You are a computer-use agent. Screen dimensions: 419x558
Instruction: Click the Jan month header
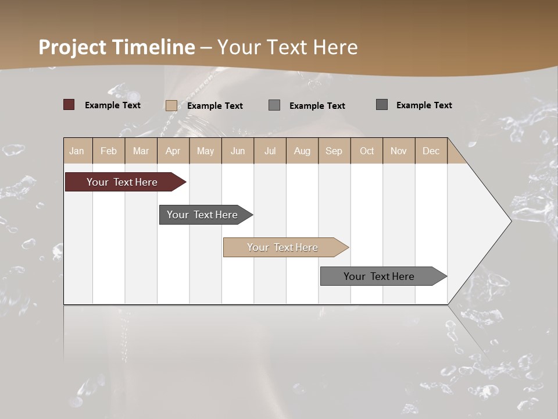[x=77, y=151]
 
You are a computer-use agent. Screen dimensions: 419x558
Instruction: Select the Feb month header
[x=109, y=151]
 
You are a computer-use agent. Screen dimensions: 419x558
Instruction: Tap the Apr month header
[x=173, y=151]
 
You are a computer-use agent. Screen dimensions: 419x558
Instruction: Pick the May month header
[x=205, y=151]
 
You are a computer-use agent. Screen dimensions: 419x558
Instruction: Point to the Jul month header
[x=270, y=151]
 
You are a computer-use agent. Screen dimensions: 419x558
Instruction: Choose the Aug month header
[x=302, y=151]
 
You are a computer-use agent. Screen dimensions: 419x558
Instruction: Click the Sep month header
[x=334, y=151]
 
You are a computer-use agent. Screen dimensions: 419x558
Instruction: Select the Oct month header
[x=367, y=151]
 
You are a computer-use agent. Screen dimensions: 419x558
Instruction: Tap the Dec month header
[x=431, y=151]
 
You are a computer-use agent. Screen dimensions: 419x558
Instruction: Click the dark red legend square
[x=69, y=105]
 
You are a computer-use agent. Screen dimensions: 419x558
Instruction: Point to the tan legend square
[x=171, y=105]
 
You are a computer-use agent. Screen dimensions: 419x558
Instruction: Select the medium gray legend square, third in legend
[x=274, y=105]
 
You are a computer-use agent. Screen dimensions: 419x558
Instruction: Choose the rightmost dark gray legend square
[x=382, y=105]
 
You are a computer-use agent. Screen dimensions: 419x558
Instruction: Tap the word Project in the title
[x=73, y=47]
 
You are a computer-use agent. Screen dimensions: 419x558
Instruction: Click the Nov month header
[x=399, y=151]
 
